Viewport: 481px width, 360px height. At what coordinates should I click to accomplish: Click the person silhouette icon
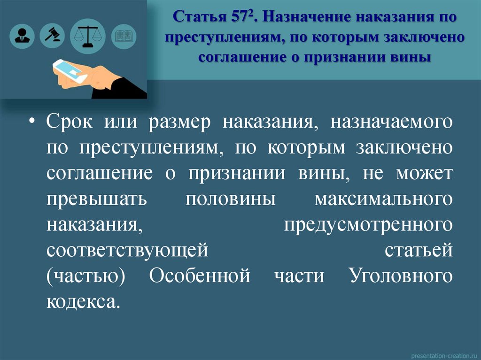pos(21,35)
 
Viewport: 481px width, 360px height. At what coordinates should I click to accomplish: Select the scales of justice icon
pos(88,35)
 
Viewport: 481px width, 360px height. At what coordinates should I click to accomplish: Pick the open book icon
pos(124,35)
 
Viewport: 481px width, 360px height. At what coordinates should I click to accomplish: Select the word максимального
pos(384,198)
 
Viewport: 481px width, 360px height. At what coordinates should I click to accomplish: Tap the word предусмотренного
pos(368,224)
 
